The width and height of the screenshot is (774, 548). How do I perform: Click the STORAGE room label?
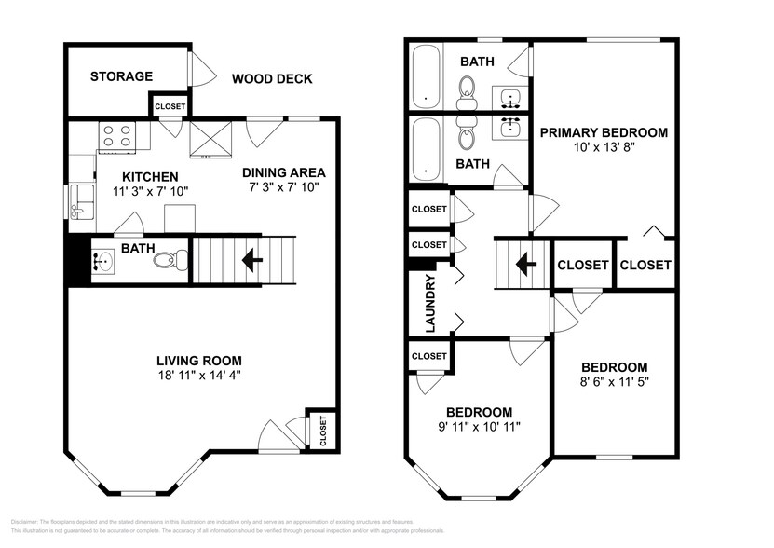click(121, 76)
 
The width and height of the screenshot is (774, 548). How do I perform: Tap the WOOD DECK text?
click(272, 79)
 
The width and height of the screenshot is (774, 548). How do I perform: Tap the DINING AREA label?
click(284, 172)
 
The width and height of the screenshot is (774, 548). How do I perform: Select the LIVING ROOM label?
click(198, 361)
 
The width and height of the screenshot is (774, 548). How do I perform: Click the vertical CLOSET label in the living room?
click(323, 431)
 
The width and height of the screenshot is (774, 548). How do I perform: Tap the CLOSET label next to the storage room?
click(170, 106)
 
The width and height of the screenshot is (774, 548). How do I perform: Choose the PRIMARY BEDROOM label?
click(604, 133)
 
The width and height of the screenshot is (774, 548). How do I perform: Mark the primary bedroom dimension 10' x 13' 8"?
click(604, 148)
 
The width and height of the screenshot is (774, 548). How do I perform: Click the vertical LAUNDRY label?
click(429, 303)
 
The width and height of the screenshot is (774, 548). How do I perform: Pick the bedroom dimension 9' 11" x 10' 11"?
click(479, 427)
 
